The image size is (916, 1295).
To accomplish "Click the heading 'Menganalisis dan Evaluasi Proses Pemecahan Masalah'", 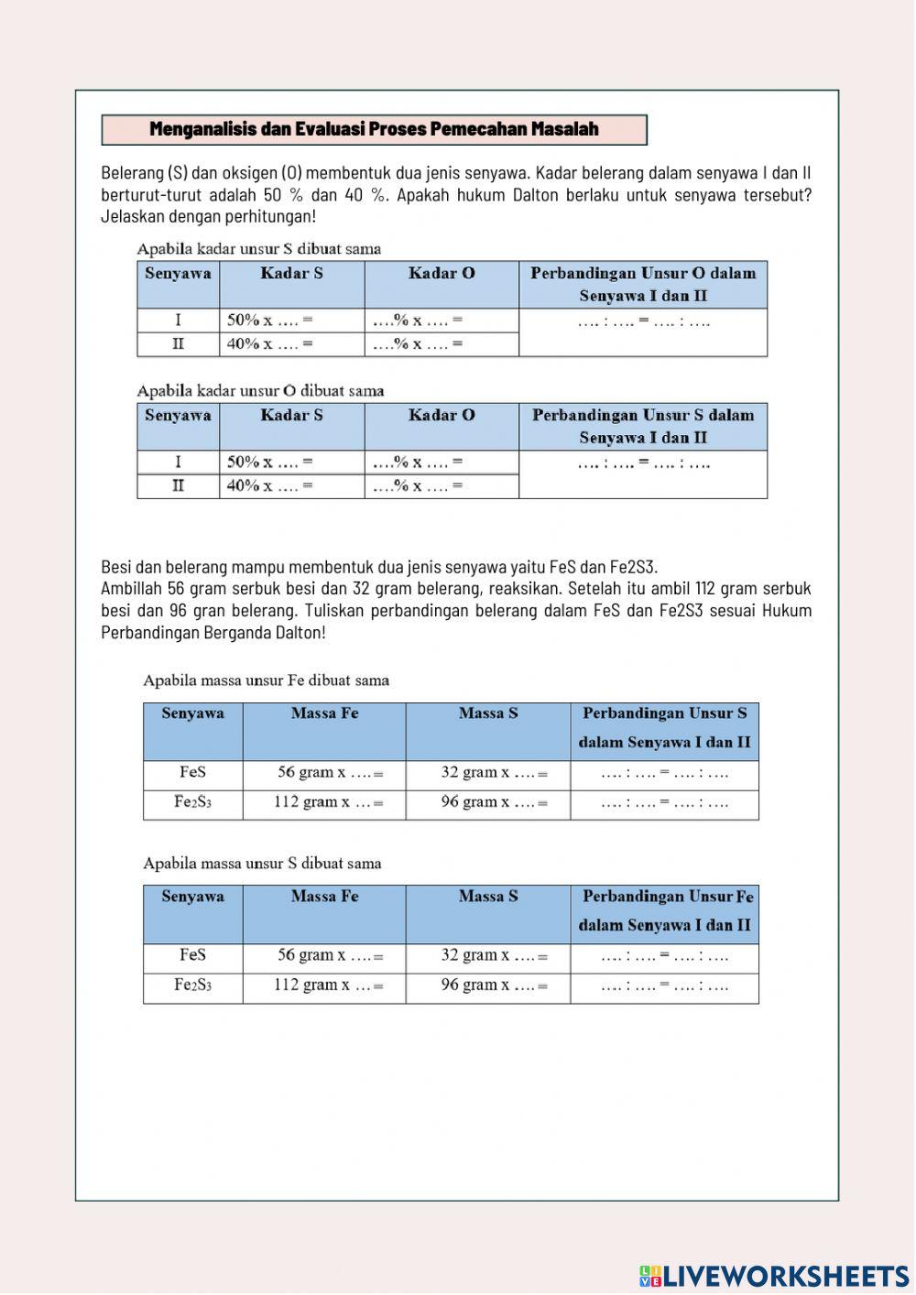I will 374,129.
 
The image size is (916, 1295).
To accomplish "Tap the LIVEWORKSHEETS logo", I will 774,1276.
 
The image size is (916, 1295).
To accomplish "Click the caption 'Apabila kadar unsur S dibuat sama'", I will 258,248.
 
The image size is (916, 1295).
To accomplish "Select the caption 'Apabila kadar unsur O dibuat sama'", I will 260,390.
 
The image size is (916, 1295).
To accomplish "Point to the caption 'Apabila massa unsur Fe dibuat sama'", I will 266,680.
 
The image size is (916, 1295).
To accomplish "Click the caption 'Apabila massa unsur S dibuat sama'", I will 262,863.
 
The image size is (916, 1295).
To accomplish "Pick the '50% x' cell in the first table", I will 270,321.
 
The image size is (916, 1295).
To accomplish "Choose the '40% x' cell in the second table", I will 270,485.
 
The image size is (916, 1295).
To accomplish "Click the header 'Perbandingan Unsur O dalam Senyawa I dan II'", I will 643,284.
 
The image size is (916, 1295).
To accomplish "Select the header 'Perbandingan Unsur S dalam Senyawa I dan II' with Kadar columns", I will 643,426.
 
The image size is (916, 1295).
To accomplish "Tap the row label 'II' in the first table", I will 178,344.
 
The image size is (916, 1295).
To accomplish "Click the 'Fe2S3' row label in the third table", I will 192,802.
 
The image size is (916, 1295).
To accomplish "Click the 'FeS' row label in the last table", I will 192,955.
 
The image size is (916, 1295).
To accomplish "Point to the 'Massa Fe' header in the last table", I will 324,897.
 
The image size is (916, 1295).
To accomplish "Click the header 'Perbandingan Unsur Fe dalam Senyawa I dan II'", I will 665,910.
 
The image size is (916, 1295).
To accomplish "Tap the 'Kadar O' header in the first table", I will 442,273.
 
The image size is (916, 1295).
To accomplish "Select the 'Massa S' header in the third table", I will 488,713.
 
